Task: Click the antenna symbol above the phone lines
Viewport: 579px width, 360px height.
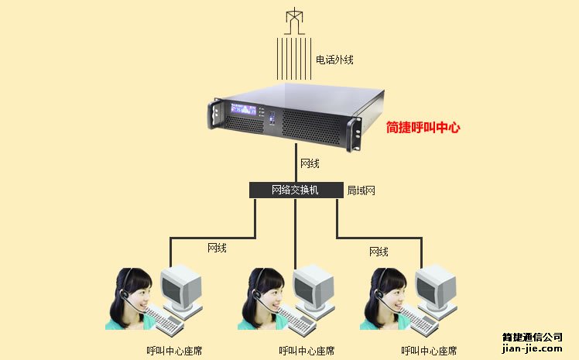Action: click(x=294, y=21)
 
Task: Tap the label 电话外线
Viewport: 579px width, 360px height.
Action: click(x=334, y=60)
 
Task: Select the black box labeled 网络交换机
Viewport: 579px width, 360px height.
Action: click(x=295, y=190)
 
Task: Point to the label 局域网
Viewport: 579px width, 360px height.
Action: click(x=361, y=190)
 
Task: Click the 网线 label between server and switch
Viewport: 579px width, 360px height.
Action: click(x=310, y=163)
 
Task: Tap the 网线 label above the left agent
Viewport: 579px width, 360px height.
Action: click(x=217, y=248)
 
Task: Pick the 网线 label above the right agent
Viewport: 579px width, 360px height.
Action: click(x=379, y=252)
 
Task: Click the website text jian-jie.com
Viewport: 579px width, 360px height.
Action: click(x=532, y=350)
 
